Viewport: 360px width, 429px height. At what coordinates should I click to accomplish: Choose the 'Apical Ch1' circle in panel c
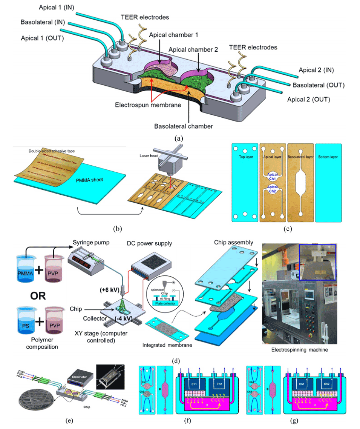tap(272, 176)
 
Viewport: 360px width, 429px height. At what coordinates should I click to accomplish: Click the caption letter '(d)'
tap(175, 361)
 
